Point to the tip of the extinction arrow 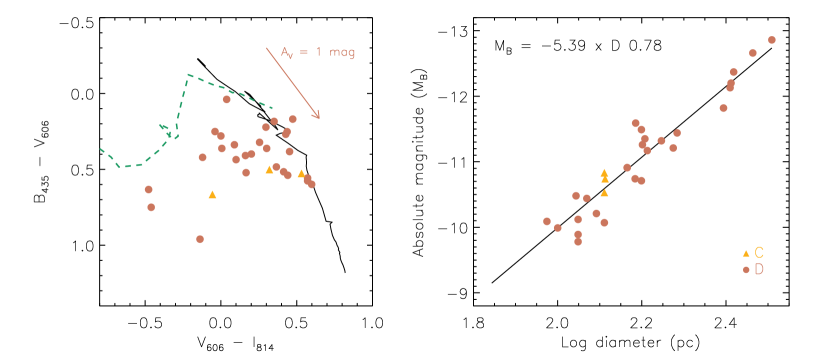pos(319,119)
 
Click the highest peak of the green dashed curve pos(188,74)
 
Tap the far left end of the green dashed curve pos(100,149)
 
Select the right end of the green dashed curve pos(272,107)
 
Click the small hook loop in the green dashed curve pos(166,129)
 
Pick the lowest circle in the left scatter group pos(200,239)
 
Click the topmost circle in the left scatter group pos(227,99)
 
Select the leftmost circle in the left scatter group pos(148,189)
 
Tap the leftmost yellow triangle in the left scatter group pos(212,195)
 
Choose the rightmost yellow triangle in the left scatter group pos(301,174)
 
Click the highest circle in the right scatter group pos(772,40)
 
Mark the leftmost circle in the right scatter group pos(547,221)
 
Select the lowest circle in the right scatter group pos(578,242)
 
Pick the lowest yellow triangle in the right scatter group pos(604,193)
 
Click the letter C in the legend pos(759,253)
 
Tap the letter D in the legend pos(759,270)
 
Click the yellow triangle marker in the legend pos(746,253)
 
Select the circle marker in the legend pos(746,270)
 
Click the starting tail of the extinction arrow pos(266,47)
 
